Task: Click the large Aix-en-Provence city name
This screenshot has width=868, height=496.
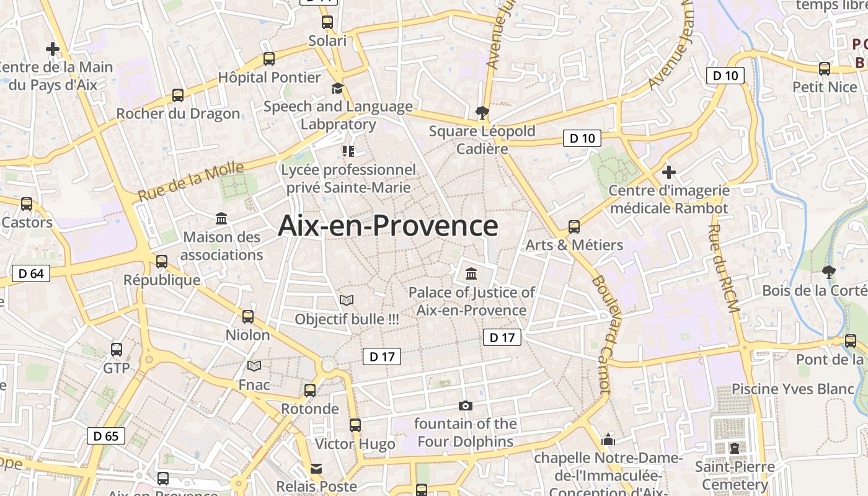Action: tap(387, 226)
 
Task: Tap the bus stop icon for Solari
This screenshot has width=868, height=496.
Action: tap(327, 23)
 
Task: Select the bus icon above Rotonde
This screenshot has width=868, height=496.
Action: tap(310, 391)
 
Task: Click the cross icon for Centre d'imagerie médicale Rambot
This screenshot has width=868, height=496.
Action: tap(668, 172)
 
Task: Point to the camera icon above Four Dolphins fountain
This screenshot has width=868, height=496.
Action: tap(465, 406)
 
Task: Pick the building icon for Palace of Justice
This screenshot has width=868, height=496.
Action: tap(471, 273)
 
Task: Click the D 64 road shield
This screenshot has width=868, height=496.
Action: tap(31, 273)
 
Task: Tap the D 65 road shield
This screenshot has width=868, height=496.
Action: tap(106, 436)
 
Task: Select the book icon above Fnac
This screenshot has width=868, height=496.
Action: tap(254, 366)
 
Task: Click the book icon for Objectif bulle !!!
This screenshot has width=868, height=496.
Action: tap(347, 301)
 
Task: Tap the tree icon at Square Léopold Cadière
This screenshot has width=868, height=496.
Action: tap(482, 113)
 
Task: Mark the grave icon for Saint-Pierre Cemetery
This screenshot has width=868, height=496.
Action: tap(734, 448)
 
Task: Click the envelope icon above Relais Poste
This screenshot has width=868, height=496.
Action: tap(316, 468)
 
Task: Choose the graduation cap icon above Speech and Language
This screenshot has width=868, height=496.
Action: tap(337, 88)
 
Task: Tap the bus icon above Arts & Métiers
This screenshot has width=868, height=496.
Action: tap(574, 227)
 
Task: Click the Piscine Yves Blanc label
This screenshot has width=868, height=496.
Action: tap(793, 389)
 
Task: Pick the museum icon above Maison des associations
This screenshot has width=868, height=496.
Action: tap(221, 219)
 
